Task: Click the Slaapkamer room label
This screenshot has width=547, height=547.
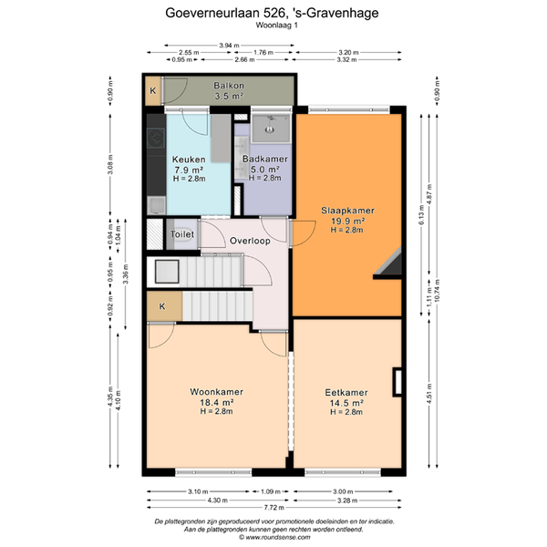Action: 347,211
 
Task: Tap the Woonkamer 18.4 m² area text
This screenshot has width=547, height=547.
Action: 216,402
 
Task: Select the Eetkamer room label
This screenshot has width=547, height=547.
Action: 346,392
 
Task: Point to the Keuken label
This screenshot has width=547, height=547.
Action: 189,160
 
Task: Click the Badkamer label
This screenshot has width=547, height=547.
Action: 265,159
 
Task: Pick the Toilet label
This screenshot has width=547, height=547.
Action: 182,234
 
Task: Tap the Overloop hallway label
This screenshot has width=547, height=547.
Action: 250,241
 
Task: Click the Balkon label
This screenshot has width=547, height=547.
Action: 229,86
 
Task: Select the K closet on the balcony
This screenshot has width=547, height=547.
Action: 153,90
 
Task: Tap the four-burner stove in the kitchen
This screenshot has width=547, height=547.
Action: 156,139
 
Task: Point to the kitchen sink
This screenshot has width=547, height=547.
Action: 156,205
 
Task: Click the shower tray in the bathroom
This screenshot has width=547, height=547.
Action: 271,128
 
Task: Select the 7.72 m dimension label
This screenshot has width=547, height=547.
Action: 273,507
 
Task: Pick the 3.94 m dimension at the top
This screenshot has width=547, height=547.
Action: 229,46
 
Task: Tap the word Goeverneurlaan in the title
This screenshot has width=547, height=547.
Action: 212,13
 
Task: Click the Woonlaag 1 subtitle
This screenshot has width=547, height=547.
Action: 276,26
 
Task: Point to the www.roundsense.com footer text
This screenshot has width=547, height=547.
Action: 278,537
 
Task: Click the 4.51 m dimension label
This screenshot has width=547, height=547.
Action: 429,394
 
